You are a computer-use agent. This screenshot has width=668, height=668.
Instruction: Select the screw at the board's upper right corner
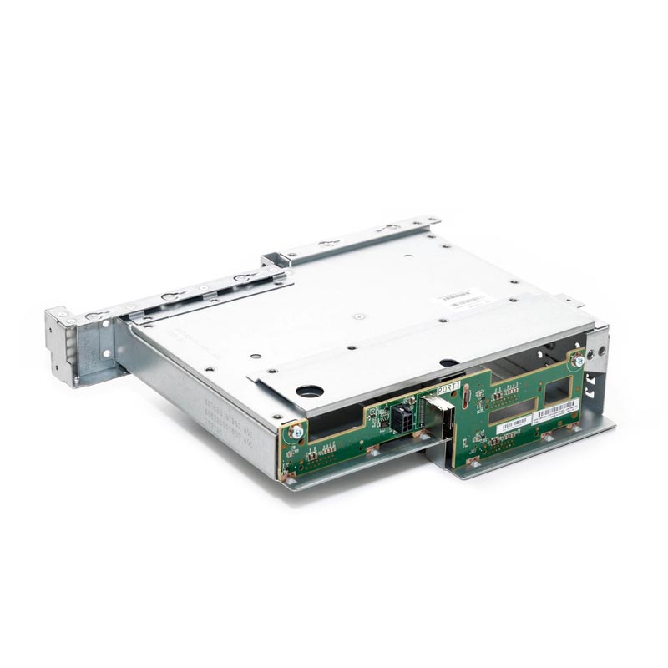(576, 362)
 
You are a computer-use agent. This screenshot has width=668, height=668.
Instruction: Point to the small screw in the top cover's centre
(357, 317)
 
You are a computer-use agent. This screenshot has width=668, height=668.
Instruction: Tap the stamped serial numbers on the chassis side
(226, 421)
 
